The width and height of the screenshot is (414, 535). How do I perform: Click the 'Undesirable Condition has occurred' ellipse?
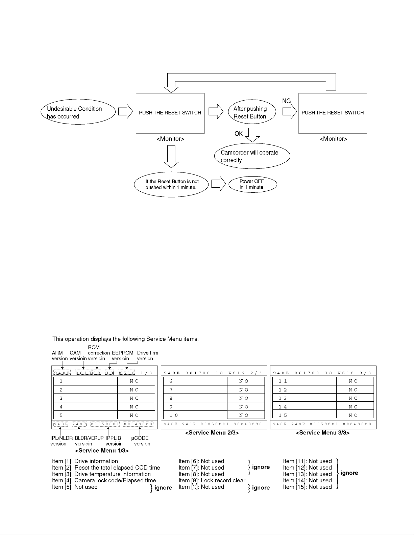78,112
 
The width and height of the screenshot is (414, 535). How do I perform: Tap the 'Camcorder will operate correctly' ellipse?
252,156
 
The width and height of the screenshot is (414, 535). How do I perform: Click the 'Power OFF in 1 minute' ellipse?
253,184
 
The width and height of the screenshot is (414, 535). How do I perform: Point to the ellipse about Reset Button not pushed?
171,184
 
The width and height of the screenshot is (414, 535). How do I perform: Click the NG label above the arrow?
287,101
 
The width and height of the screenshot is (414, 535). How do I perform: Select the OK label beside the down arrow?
239,134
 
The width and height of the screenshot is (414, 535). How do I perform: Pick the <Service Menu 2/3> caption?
212,433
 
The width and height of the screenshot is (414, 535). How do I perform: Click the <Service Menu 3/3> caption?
323,433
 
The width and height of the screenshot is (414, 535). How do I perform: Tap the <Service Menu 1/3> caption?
102,451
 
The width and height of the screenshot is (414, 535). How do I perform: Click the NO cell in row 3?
134,398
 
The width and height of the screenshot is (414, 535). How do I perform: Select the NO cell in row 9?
244,407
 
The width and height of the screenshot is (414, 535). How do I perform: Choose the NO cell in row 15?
353,416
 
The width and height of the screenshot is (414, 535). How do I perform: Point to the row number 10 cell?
174,416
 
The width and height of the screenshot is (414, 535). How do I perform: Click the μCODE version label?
140,441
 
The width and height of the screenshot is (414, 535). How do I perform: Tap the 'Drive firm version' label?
147,355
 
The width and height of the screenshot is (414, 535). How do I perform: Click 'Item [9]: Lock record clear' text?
212,480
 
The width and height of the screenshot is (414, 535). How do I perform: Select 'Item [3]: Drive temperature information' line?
101,474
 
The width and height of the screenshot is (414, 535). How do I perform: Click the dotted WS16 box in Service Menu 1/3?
127,373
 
